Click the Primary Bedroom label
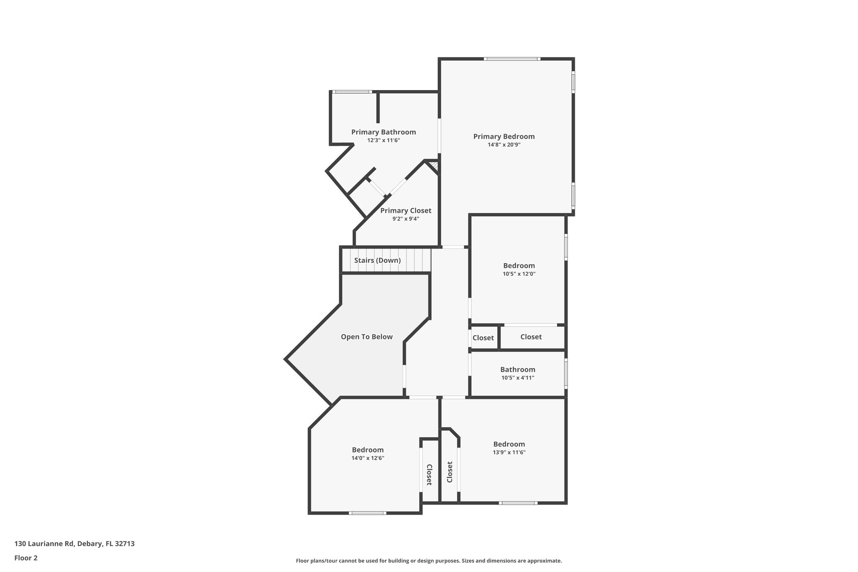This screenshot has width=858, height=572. (504, 137)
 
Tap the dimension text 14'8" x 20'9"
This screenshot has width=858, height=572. (504, 145)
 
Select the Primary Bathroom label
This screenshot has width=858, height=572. (383, 132)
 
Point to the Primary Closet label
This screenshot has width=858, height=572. (406, 211)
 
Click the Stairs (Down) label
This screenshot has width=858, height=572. (377, 261)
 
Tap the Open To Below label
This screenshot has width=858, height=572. (367, 337)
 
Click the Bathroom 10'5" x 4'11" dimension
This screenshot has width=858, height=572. (517, 378)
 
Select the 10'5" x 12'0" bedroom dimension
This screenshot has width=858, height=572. (519, 274)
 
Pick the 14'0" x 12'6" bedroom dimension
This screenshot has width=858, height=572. (367, 458)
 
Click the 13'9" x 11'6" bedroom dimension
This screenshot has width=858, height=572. (509, 453)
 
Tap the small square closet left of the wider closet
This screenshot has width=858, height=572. (483, 338)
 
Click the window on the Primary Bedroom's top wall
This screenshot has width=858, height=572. (512, 59)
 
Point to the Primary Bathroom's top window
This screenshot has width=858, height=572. (352, 92)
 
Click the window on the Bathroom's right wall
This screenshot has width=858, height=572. (566, 373)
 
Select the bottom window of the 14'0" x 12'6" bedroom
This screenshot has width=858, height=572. (367, 513)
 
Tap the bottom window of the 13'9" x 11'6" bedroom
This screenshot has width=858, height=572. (518, 503)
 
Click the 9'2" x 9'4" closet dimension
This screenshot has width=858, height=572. (406, 219)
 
